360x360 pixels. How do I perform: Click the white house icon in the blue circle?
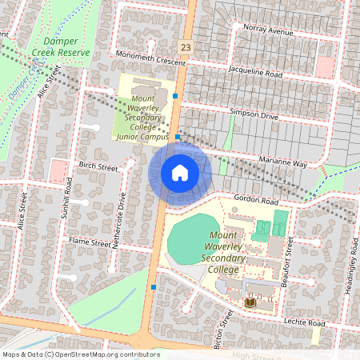pyautogui.click(x=180, y=172)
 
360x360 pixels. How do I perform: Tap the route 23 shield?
pyautogui.click(x=186, y=48)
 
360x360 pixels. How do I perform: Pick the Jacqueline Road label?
pyautogui.click(x=256, y=74)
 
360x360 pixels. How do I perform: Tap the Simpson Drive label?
pyautogui.click(x=254, y=115)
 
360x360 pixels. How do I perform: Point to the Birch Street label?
pyautogui.click(x=98, y=167)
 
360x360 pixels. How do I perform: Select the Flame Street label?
pyautogui.click(x=89, y=242)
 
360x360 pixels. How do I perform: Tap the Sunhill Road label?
pyautogui.click(x=70, y=202)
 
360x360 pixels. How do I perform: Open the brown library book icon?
pyautogui.click(x=250, y=303)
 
